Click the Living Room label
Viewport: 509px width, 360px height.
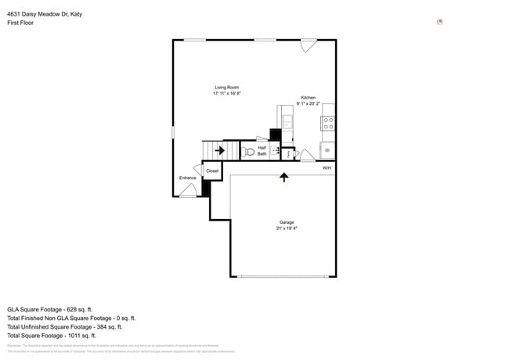pos(226,87)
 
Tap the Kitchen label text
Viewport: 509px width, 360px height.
pos(308,98)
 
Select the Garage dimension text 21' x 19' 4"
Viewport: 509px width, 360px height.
pos(286,229)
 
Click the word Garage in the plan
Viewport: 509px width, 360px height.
pos(286,222)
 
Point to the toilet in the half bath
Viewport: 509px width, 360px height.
pos(247,151)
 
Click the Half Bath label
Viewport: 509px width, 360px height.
pos(262,150)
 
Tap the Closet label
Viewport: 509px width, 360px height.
pos(212,171)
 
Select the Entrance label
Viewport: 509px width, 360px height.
pos(187,178)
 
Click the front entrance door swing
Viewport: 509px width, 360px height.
pos(188,190)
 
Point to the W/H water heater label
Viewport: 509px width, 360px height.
pos(327,167)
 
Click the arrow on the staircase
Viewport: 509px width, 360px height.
pos(219,150)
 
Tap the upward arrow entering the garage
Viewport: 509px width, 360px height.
pos(283,178)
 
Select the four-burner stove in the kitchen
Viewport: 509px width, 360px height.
pos(328,123)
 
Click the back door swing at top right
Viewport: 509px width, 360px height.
pos(309,46)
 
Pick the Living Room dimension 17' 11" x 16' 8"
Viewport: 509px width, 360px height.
pos(226,93)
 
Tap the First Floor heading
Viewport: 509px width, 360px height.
pos(20,23)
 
